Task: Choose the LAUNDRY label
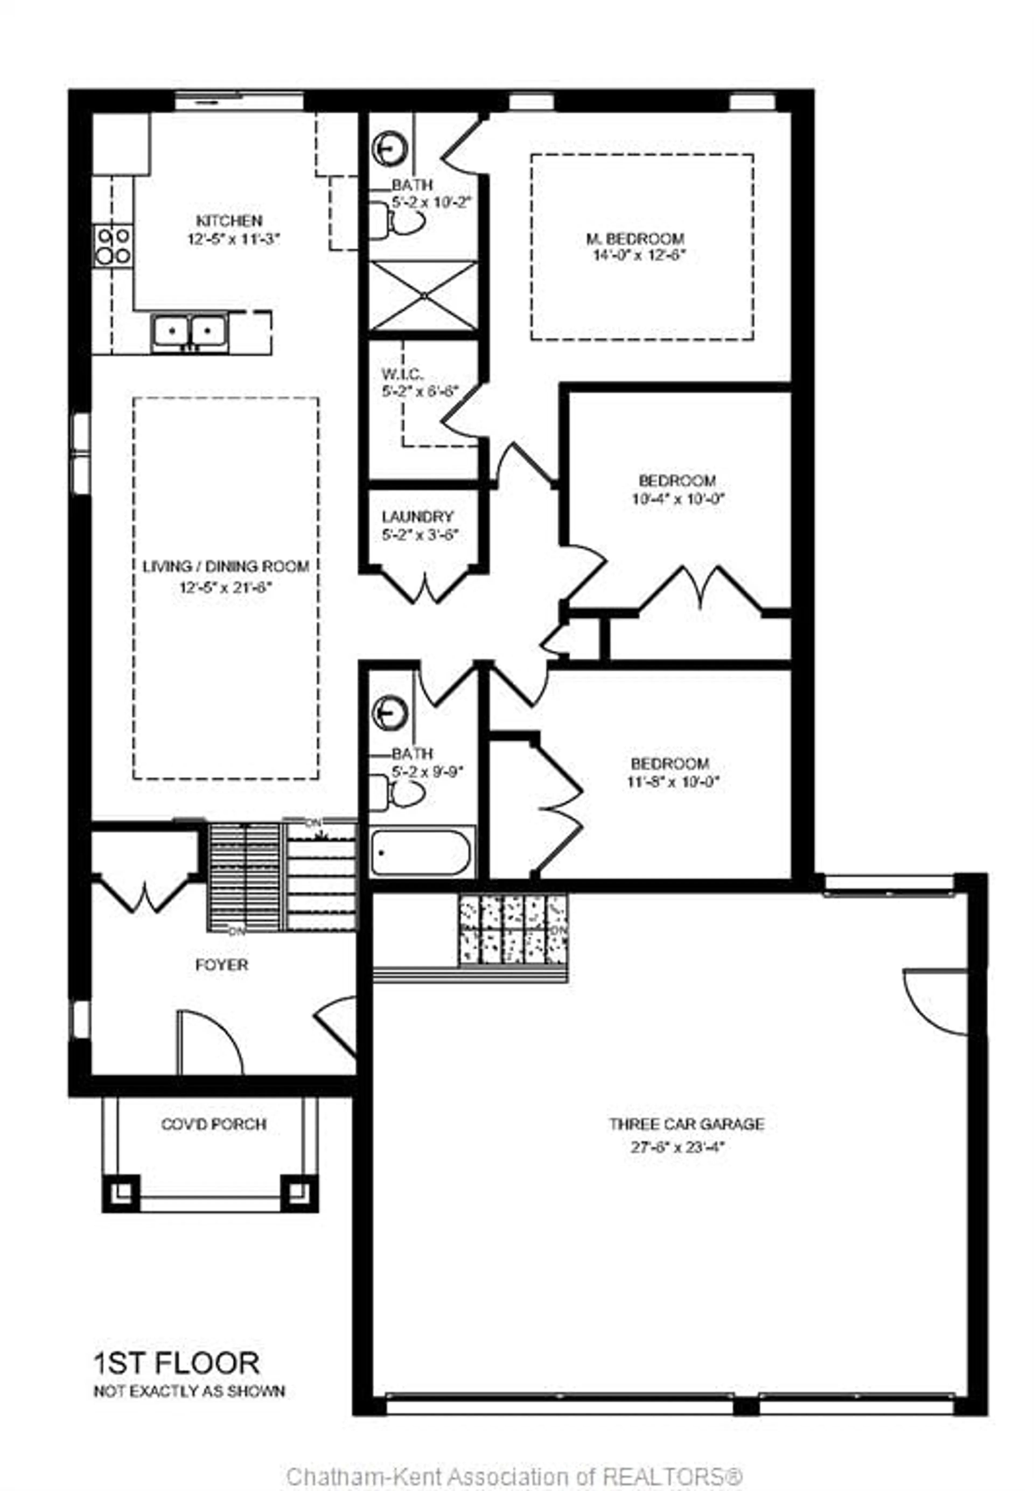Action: tap(417, 517)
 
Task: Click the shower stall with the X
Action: tap(423, 295)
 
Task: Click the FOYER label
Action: tap(222, 965)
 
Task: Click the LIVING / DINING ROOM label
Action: tap(225, 566)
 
